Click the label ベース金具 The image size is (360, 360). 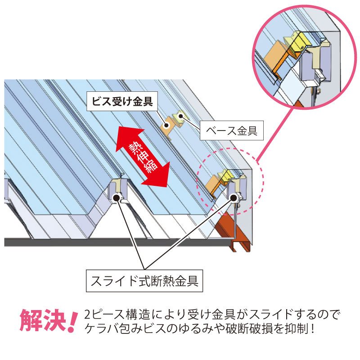[x=231, y=131]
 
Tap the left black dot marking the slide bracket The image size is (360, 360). [x=118, y=196]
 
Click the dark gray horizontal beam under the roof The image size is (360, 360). [x=112, y=242]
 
